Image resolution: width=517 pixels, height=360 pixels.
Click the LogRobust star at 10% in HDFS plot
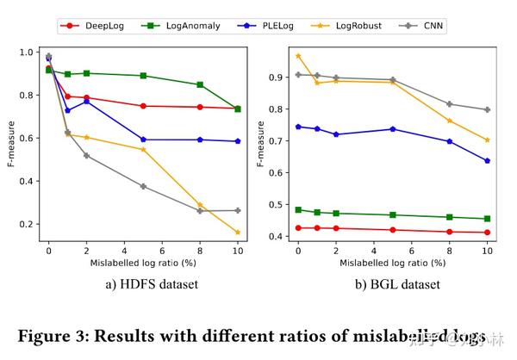238,233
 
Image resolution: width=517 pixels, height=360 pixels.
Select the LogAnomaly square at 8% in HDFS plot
200,84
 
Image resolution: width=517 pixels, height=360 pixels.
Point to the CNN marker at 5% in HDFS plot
143,186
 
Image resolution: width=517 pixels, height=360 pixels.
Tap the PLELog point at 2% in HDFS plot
86,101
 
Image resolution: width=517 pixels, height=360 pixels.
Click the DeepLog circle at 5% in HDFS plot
143,106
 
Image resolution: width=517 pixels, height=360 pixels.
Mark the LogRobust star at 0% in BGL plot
298,56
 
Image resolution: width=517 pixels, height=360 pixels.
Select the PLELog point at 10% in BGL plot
487,160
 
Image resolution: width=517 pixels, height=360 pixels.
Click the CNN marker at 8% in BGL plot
449,104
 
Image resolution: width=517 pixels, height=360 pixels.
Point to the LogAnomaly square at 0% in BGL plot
298,209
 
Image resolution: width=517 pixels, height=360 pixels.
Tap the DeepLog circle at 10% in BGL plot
487,233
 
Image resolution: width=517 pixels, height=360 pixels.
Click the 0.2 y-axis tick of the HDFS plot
25,224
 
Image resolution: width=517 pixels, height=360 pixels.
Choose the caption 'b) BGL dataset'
392,284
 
